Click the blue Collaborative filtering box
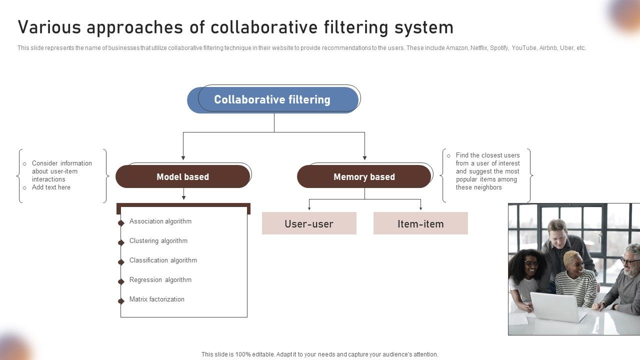[272, 100]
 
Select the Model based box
[182, 177]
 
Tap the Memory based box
[364, 177]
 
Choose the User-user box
[309, 223]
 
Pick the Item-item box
[420, 223]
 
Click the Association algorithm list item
[160, 221]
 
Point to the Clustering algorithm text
[158, 241]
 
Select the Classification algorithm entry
[163, 260]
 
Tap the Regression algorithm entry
[160, 280]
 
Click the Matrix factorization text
[156, 299]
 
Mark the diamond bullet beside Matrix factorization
[121, 301]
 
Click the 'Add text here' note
[51, 187]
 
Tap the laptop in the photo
[555, 306]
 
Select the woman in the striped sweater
[575, 280]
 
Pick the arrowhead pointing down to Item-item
[420, 207]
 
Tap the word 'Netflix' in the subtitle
[478, 48]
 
